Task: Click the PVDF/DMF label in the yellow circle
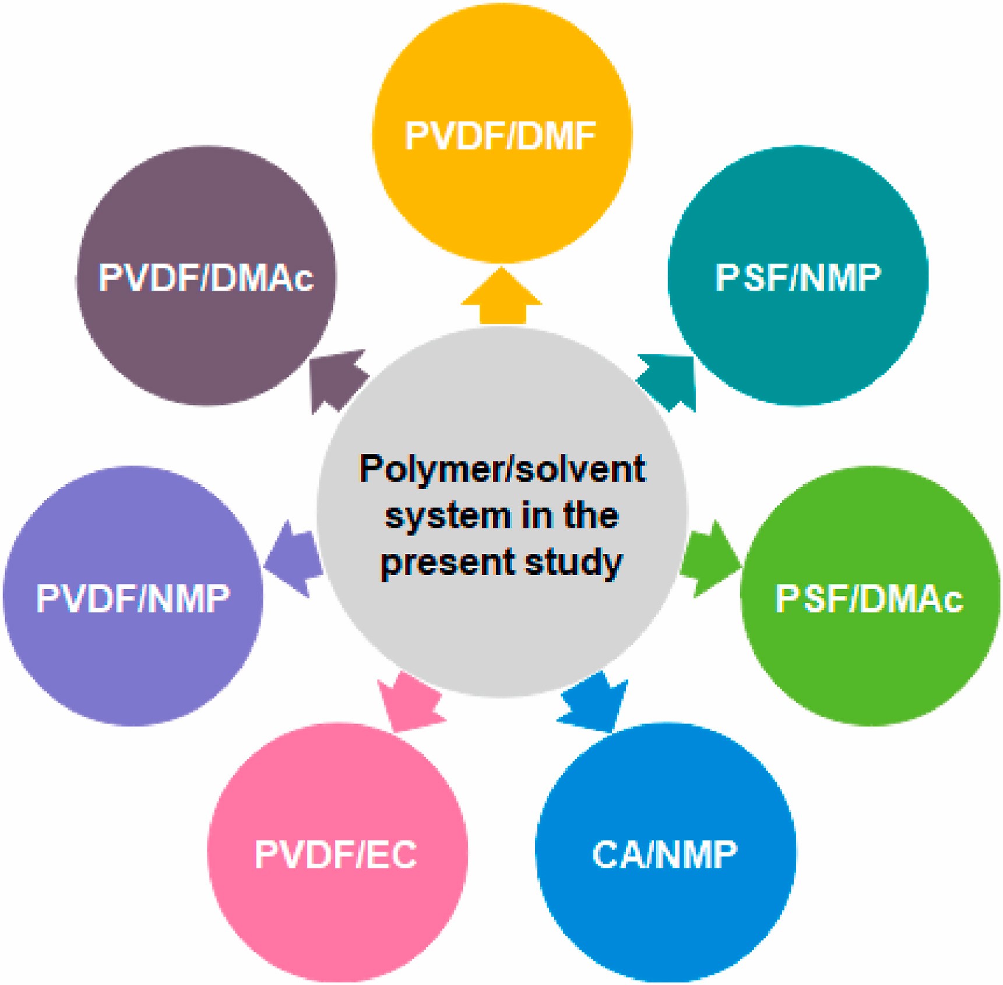pos(501,136)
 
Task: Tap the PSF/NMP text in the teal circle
pos(798,278)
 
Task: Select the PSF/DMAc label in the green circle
pos(869,599)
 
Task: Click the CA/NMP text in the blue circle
pos(664,855)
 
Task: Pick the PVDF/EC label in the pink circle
pos(336,855)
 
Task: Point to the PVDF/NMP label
pos(133,599)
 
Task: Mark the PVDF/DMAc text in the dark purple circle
pos(206,278)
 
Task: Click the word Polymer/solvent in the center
pos(502,469)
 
